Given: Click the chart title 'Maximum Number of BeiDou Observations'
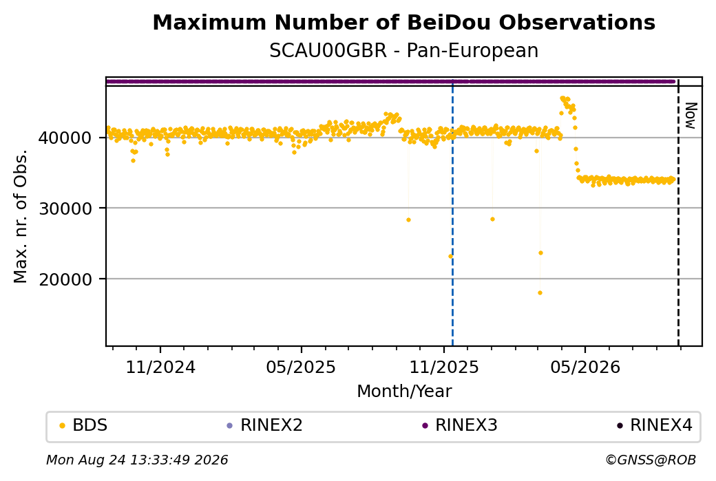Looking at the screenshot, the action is (403, 23).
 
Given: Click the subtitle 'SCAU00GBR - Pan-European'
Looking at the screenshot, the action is (403, 51).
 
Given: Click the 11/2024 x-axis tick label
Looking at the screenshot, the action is (160, 367).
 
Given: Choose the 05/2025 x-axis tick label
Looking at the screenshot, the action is (301, 367).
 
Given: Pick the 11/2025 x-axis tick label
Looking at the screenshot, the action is (444, 367).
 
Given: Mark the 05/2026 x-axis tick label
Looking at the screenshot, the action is (585, 367).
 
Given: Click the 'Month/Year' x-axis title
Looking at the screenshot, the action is (404, 392).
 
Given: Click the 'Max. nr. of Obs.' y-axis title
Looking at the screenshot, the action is (21, 216).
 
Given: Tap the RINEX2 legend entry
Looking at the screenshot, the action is (265, 425).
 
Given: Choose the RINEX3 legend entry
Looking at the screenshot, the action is (460, 425).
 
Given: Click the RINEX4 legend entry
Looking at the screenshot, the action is (655, 425).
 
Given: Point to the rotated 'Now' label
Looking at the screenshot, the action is (691, 116).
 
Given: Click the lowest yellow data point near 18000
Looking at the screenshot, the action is (540, 293).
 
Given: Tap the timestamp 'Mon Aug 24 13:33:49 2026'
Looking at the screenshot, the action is (137, 460).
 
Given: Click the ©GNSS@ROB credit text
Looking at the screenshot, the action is (651, 460).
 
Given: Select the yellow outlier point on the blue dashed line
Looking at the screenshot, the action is (451, 257).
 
